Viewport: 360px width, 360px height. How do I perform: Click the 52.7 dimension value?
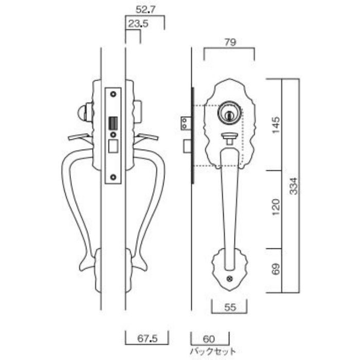tap(146, 10)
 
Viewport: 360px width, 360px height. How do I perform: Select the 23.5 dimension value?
tap(138, 24)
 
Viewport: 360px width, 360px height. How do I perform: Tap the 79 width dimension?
tap(230, 43)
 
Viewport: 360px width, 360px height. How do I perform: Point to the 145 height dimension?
tap(276, 125)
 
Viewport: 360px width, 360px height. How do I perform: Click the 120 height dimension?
tap(276, 207)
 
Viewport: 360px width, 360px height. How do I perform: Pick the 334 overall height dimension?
tap(294, 186)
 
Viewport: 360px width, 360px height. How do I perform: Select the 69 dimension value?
tap(276, 269)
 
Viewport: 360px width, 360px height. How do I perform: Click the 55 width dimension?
tap(230, 308)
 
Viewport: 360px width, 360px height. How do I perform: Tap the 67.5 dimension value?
tap(148, 338)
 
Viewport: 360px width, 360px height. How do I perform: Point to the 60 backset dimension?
tap(209, 339)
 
